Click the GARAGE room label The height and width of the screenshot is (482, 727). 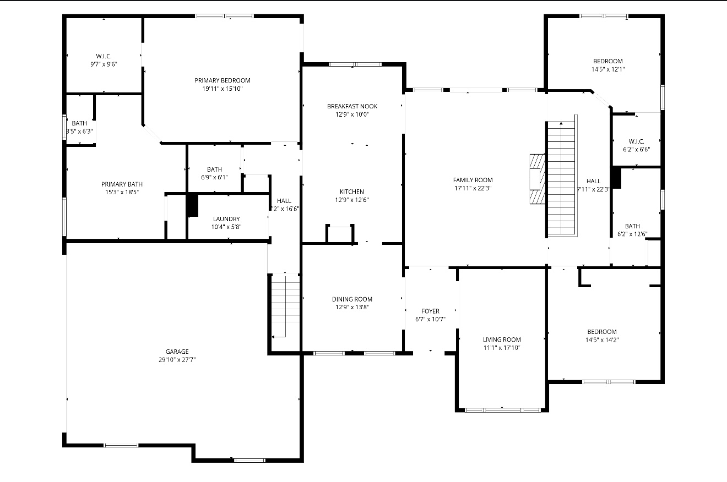coord(177,352)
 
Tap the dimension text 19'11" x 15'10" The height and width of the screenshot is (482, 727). coord(223,89)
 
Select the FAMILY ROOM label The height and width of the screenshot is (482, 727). coord(473,180)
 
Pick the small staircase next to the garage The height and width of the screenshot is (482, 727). coord(285,305)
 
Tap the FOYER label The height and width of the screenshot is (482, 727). coord(430,311)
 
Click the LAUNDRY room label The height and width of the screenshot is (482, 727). coord(226,219)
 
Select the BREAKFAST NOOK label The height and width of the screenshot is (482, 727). coord(352,106)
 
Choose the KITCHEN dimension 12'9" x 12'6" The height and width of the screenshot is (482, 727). coord(351,200)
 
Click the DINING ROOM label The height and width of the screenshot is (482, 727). coord(352,299)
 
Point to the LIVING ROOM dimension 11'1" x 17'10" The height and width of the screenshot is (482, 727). coord(502,348)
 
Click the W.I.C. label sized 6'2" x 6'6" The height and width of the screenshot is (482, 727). coord(636,141)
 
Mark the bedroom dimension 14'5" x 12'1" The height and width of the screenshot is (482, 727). coord(608,69)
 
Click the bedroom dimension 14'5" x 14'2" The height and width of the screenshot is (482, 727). coord(601,340)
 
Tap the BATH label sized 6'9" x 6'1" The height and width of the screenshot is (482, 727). coord(214,169)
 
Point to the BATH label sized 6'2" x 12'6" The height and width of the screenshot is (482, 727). coord(632,226)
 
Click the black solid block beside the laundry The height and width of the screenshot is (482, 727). coord(192,205)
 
